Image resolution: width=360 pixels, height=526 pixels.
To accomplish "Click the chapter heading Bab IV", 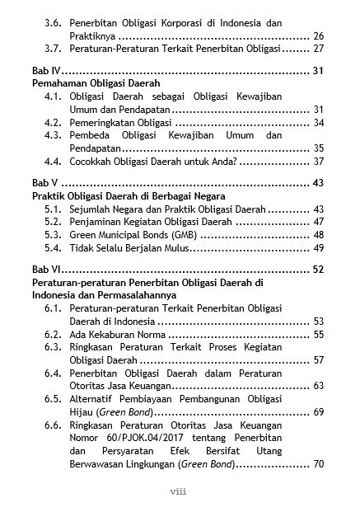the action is tap(45, 72).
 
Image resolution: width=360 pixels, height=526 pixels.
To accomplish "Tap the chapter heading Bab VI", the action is tap(45, 270).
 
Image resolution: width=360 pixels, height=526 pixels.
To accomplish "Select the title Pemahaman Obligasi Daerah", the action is tap(96, 84).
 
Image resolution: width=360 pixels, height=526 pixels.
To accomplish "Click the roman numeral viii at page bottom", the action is tap(180, 492).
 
